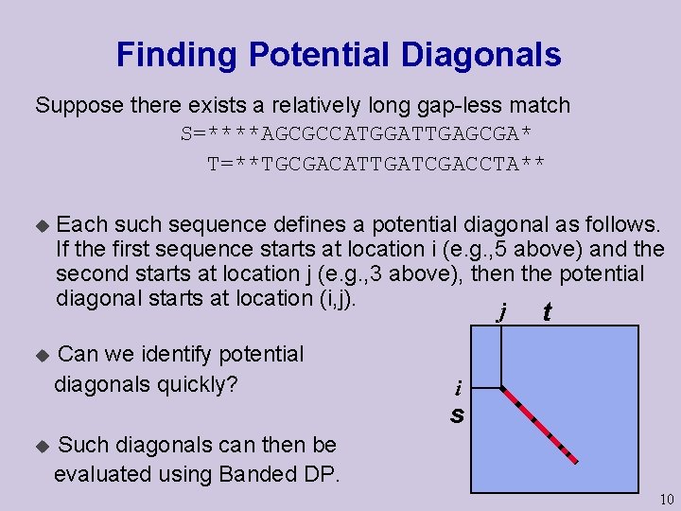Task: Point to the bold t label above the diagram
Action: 547,312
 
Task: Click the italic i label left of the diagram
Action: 458,388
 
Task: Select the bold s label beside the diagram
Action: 457,414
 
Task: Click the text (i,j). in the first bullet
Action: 333,299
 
